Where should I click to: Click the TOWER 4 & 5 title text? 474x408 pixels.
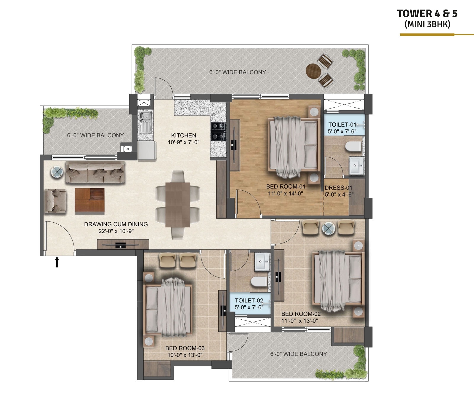tap(427, 14)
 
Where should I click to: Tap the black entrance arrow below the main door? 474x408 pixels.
tap(57, 262)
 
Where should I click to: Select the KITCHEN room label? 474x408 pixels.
tap(183, 135)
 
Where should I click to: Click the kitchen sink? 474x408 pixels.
tap(145, 122)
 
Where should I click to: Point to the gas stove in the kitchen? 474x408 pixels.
tap(218, 131)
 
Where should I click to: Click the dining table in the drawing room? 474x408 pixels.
tap(177, 205)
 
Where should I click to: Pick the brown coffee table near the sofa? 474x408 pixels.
tap(89, 200)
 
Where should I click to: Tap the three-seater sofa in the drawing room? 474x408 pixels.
tap(95, 173)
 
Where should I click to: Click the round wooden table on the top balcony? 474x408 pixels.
tap(313, 71)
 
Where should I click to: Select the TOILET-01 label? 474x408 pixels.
tap(342, 125)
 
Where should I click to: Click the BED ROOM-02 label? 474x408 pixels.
tap(301, 314)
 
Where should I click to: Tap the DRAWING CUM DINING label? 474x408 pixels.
tap(116, 224)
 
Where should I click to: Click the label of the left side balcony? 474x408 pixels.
tap(95, 135)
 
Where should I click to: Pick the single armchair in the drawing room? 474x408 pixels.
tap(55, 201)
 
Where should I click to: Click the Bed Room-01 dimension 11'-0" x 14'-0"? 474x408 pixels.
tap(285, 194)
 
